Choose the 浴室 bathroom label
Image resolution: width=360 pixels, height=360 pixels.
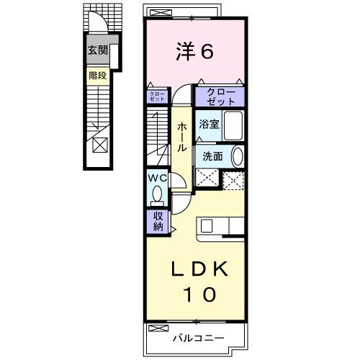coord(210,124)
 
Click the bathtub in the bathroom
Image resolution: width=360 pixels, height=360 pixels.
coord(233,126)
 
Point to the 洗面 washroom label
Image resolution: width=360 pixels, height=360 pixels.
coord(212,156)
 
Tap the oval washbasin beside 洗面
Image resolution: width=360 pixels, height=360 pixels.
coord(237,156)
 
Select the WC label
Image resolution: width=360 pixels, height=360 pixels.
coord(157,177)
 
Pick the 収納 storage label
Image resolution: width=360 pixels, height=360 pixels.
coord(157,221)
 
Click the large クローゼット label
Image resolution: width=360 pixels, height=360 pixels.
coord(220,96)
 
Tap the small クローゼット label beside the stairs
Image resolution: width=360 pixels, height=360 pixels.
coord(158,96)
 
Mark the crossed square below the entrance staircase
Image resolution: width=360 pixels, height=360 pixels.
coord(100,144)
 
